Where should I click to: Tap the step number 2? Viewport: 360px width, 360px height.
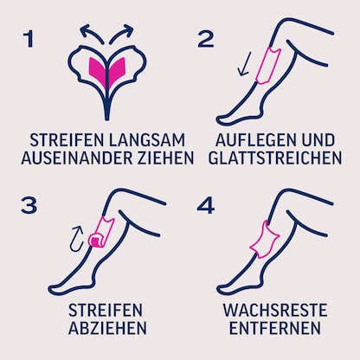pyautogui.click(x=204, y=40)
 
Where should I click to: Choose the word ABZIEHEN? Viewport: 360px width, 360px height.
pyautogui.click(x=107, y=328)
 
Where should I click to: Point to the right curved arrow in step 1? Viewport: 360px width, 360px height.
pyautogui.click(x=126, y=31)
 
